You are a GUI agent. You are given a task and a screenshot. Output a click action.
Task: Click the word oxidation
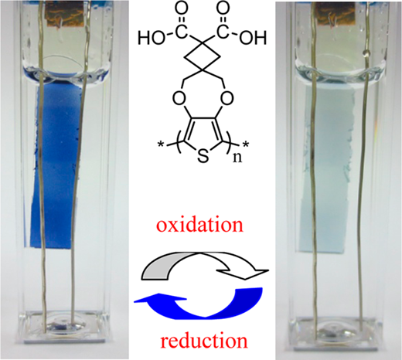point(199,225)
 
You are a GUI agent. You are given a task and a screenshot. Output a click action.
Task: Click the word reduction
point(204,341)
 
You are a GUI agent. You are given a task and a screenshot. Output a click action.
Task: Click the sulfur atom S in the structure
point(203,156)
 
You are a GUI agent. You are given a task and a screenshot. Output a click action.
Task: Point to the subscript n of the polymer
point(237,158)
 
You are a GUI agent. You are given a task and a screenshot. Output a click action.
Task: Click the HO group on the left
point(151,38)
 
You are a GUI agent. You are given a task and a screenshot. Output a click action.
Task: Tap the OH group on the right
point(253,38)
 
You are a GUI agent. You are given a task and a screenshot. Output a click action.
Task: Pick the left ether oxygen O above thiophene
point(179,99)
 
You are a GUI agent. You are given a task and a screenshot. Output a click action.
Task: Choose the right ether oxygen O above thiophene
point(227,99)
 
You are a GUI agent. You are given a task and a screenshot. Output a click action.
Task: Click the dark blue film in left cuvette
point(56,165)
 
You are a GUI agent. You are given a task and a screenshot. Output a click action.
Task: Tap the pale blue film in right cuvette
point(327,170)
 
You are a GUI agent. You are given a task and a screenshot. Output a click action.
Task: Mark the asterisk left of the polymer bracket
point(162,145)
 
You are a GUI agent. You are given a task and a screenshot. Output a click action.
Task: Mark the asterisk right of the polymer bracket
point(245,144)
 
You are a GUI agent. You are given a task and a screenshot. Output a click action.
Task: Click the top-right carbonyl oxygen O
point(223,8)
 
